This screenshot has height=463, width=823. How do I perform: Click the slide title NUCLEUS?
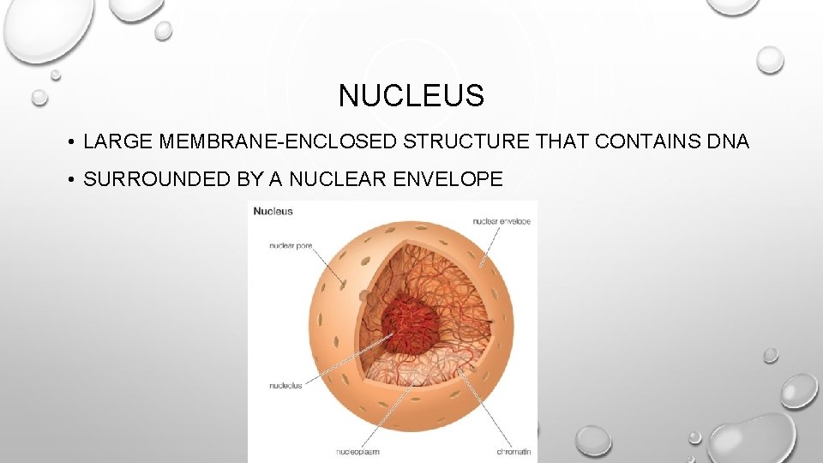point(411,95)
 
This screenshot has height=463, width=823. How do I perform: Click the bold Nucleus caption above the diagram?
point(273,211)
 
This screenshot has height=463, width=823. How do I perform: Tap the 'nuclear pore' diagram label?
point(290,246)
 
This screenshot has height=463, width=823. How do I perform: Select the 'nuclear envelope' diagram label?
point(502,221)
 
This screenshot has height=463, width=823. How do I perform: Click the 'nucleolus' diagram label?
point(285,386)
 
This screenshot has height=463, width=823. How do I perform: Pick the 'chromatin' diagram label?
point(514,451)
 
